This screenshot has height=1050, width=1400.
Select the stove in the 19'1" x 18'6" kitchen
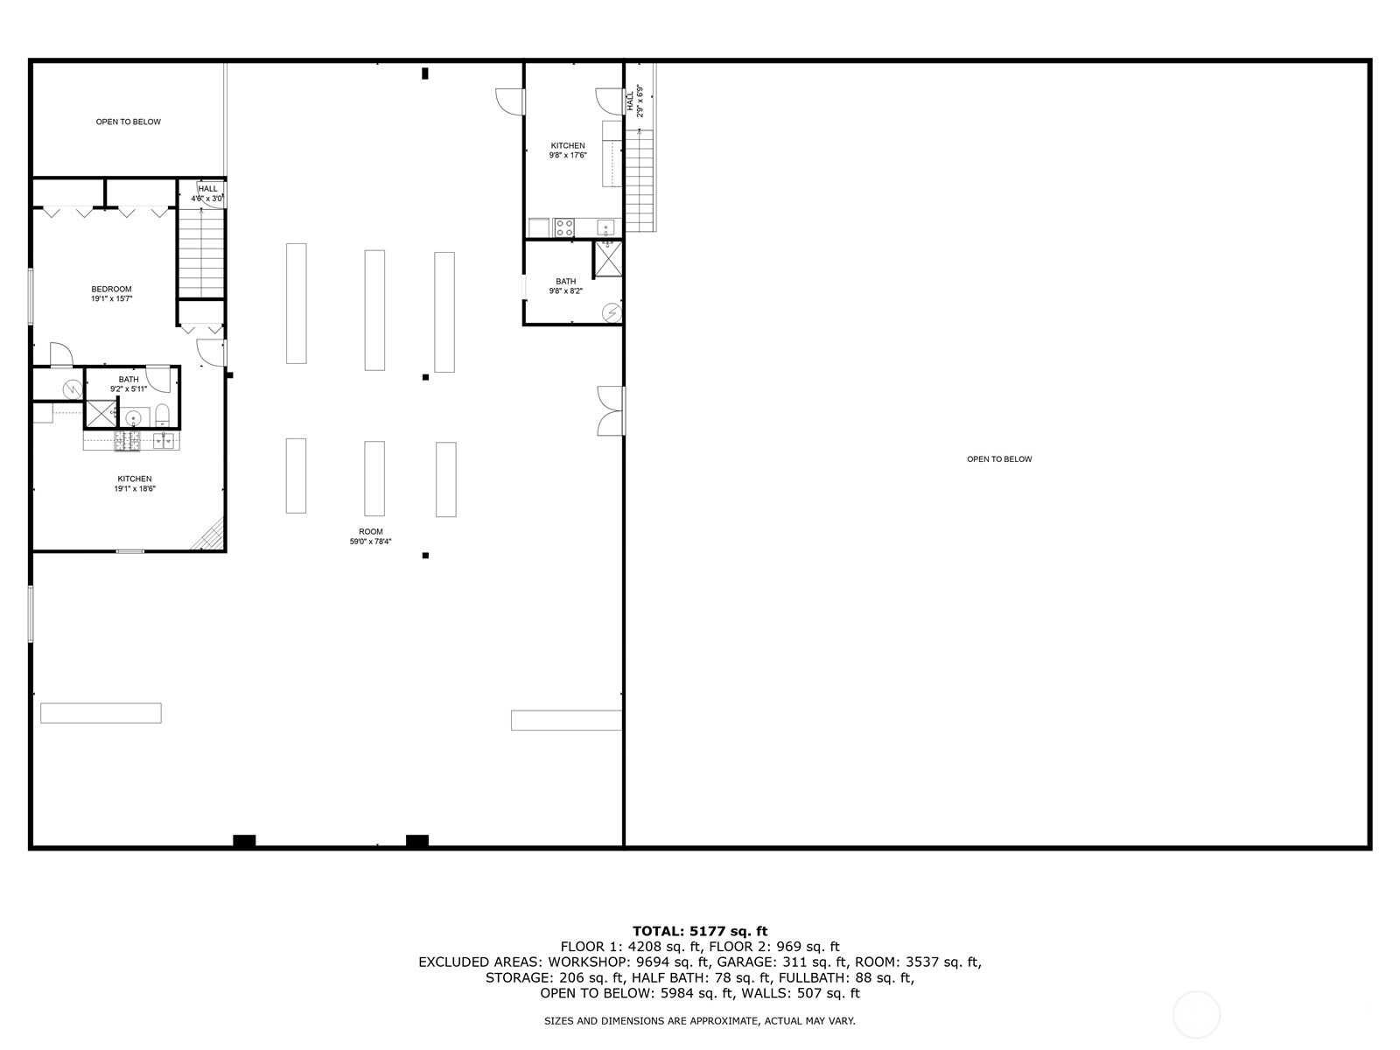(127, 442)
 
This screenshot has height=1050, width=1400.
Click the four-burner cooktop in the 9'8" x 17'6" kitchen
(564, 228)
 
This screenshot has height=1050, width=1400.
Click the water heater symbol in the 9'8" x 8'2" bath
(612, 311)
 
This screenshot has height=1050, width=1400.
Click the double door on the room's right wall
(610, 410)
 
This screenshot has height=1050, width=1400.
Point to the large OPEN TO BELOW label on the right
(999, 459)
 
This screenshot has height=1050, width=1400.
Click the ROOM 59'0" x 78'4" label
(370, 536)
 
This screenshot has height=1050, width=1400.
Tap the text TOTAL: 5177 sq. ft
(700, 931)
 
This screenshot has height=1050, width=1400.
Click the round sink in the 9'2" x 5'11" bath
(133, 416)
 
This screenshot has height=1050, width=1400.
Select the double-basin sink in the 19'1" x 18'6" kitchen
(164, 440)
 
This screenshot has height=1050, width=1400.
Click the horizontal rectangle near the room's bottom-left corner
(101, 713)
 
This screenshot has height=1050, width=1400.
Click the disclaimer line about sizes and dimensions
(700, 1021)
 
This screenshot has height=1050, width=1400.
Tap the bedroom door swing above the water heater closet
(59, 354)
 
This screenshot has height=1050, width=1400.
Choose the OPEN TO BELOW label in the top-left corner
(128, 122)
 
